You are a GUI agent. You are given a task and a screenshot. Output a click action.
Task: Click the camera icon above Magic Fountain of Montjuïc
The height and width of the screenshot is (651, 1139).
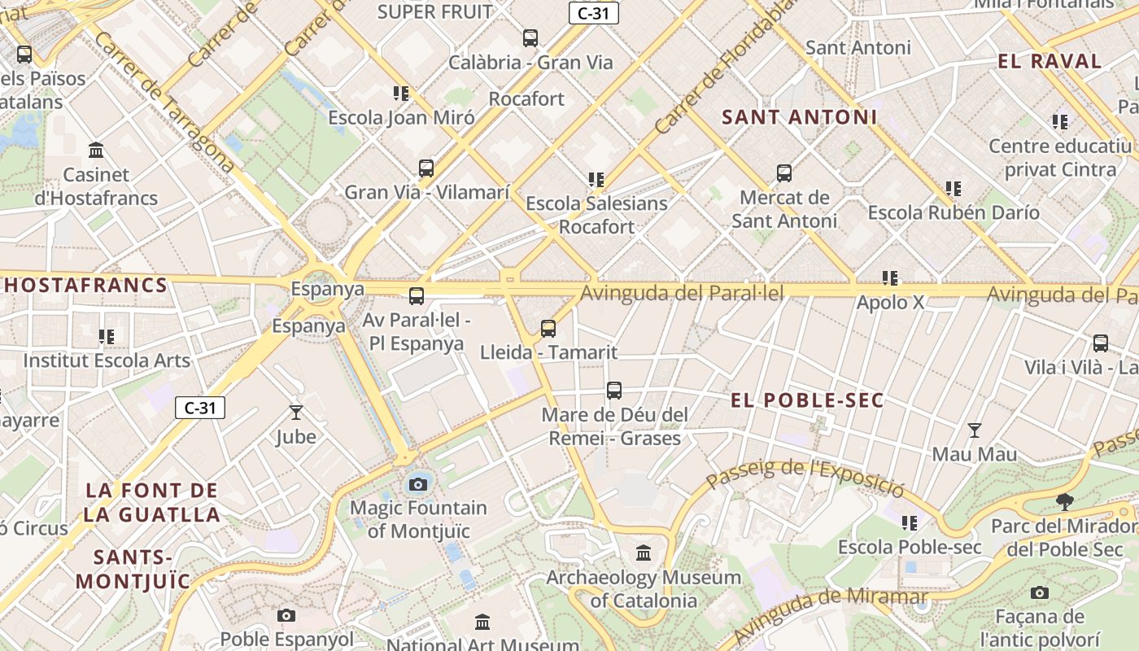point(418,484)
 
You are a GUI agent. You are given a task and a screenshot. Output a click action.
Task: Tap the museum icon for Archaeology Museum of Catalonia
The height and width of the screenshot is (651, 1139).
point(644,553)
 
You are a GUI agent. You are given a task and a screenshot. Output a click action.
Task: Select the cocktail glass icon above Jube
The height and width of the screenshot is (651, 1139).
point(295,413)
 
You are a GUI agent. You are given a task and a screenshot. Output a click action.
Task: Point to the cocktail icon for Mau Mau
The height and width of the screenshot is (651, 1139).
point(974,430)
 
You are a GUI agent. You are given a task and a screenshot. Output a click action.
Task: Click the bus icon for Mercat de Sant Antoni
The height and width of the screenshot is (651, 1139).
point(784,173)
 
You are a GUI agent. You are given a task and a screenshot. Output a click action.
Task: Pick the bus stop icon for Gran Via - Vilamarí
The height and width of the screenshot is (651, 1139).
point(426,168)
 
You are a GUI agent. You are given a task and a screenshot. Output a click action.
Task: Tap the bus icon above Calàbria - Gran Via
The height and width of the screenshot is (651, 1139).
point(530,37)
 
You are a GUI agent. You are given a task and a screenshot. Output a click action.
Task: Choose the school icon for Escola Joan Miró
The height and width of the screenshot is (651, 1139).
point(401,94)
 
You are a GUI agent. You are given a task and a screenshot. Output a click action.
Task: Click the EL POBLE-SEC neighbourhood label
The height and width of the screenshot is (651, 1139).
point(807,400)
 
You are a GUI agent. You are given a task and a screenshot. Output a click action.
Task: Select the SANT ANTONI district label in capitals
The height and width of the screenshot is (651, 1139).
point(800,117)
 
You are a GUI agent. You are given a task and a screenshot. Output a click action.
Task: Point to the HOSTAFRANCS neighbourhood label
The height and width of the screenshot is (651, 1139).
point(85,286)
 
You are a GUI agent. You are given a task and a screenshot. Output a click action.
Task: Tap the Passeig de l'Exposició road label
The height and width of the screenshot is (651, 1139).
point(805,477)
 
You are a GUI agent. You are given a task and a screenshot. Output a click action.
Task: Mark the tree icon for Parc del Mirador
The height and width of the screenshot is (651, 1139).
point(1063,501)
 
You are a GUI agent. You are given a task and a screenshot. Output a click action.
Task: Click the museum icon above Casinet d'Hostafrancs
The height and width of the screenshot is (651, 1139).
point(96,151)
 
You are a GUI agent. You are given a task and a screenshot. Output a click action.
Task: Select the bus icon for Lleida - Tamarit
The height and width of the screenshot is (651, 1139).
point(548,329)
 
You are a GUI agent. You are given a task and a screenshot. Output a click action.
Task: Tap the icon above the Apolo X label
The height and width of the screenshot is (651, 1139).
point(891,278)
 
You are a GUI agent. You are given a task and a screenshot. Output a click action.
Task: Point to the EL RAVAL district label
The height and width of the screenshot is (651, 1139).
point(1050,62)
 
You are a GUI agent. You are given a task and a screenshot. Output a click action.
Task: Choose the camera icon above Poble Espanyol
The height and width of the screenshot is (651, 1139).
point(286,615)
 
